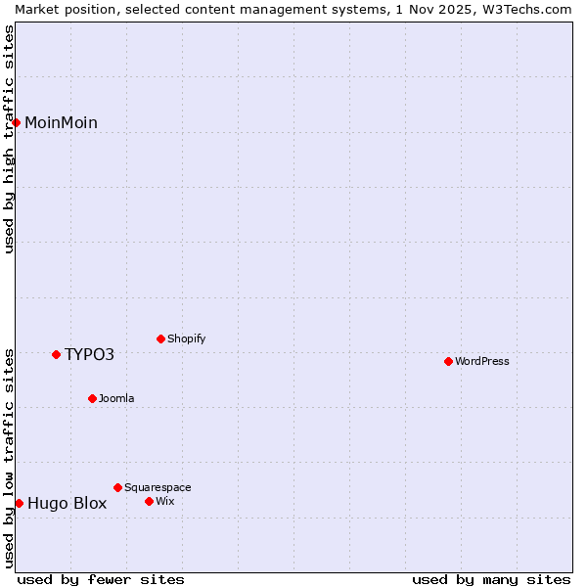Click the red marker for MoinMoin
[x=17, y=122]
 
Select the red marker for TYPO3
[x=56, y=354]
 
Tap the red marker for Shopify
[x=160, y=339]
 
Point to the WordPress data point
[x=448, y=362]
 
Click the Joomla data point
[x=92, y=398]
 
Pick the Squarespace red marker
[x=117, y=487]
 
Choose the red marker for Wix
[x=149, y=501]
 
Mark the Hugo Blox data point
[x=19, y=503]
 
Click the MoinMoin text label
[x=61, y=122]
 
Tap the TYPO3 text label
[x=89, y=354]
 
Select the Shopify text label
[x=186, y=339]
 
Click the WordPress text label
[x=481, y=362]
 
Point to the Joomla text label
[x=116, y=398]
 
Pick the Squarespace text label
[x=158, y=487]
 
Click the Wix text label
[x=164, y=501]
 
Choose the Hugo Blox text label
[x=67, y=504]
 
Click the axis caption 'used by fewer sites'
[x=101, y=579]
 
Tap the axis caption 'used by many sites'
[x=490, y=579]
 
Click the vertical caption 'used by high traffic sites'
[x=10, y=139]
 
